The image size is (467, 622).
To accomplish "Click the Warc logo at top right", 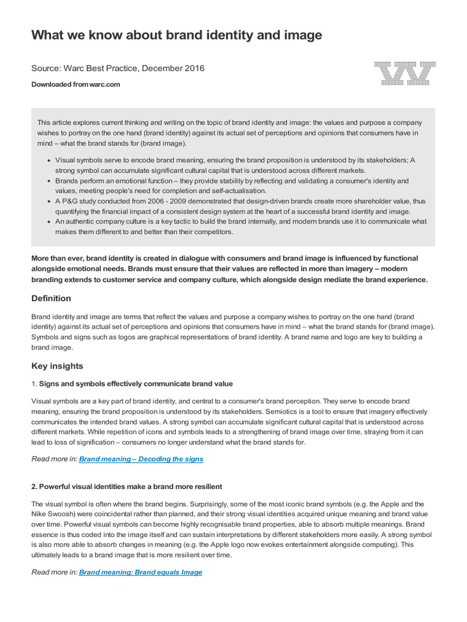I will tap(404, 73).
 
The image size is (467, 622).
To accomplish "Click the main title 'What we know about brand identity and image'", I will tap(176, 35).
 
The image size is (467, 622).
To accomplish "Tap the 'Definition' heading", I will tap(51, 298).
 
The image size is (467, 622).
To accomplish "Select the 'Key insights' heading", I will tap(57, 366).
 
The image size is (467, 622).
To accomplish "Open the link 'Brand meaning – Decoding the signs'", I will tap(141, 459).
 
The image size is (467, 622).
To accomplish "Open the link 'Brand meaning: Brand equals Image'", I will tap(140, 572).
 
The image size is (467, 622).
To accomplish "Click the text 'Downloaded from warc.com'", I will tap(75, 84).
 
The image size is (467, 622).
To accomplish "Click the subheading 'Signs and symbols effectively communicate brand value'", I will tap(136, 384).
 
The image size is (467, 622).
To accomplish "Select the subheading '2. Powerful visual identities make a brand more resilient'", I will tap(126, 487).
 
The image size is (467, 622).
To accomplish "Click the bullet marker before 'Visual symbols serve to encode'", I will tap(48, 160).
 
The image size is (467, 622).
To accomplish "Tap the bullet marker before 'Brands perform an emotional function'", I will tap(48, 181).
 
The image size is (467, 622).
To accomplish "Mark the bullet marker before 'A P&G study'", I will tap(48, 202).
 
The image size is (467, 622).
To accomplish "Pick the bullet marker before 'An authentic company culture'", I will tap(48, 222).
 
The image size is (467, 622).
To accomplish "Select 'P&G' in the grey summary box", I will tap(71, 202).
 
